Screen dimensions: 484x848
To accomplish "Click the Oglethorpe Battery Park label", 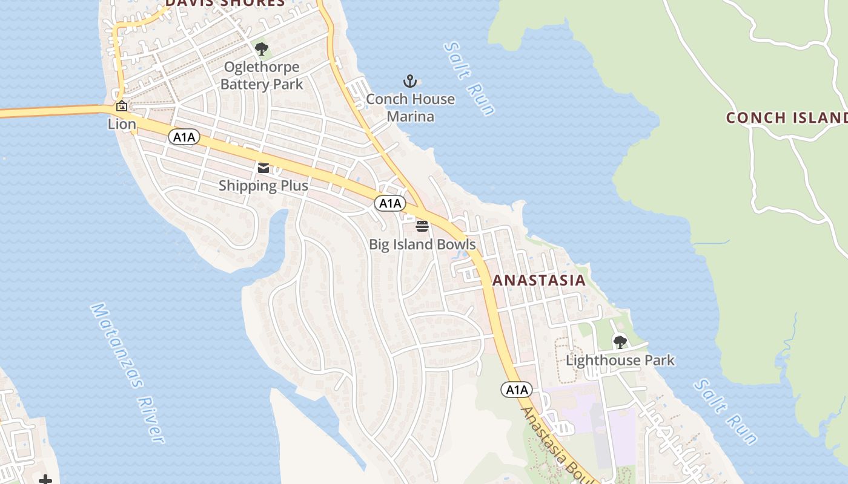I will click(x=262, y=76).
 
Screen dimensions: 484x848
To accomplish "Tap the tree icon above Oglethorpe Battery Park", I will click(x=262, y=49).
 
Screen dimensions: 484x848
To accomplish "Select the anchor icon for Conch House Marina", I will click(x=410, y=81).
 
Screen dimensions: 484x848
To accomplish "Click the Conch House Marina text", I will click(x=410, y=107).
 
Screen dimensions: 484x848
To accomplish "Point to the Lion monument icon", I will click(x=122, y=106).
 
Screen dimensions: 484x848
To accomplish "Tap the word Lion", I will click(x=122, y=124).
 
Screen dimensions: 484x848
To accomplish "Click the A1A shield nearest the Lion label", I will click(x=184, y=137).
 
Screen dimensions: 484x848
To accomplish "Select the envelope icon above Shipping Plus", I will click(x=263, y=168).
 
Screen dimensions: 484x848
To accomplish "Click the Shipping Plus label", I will click(x=263, y=186).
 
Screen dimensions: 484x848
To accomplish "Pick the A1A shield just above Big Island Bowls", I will click(x=389, y=203).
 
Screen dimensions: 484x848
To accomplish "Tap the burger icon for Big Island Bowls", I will click(x=422, y=226).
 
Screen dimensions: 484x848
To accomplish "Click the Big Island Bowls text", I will click(x=422, y=244).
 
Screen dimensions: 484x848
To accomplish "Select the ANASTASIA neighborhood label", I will click(x=539, y=280).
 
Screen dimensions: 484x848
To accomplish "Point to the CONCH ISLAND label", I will click(x=786, y=117).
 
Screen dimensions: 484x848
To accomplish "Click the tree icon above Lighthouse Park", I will click(x=620, y=342).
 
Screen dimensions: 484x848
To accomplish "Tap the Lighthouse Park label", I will click(x=620, y=361).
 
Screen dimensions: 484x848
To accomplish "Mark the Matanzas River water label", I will click(x=127, y=373).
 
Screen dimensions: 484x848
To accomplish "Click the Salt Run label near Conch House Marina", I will click(x=469, y=78).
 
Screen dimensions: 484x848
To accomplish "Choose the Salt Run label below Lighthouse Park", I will click(x=726, y=411).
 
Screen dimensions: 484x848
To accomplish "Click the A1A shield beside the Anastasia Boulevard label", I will click(x=517, y=390).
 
